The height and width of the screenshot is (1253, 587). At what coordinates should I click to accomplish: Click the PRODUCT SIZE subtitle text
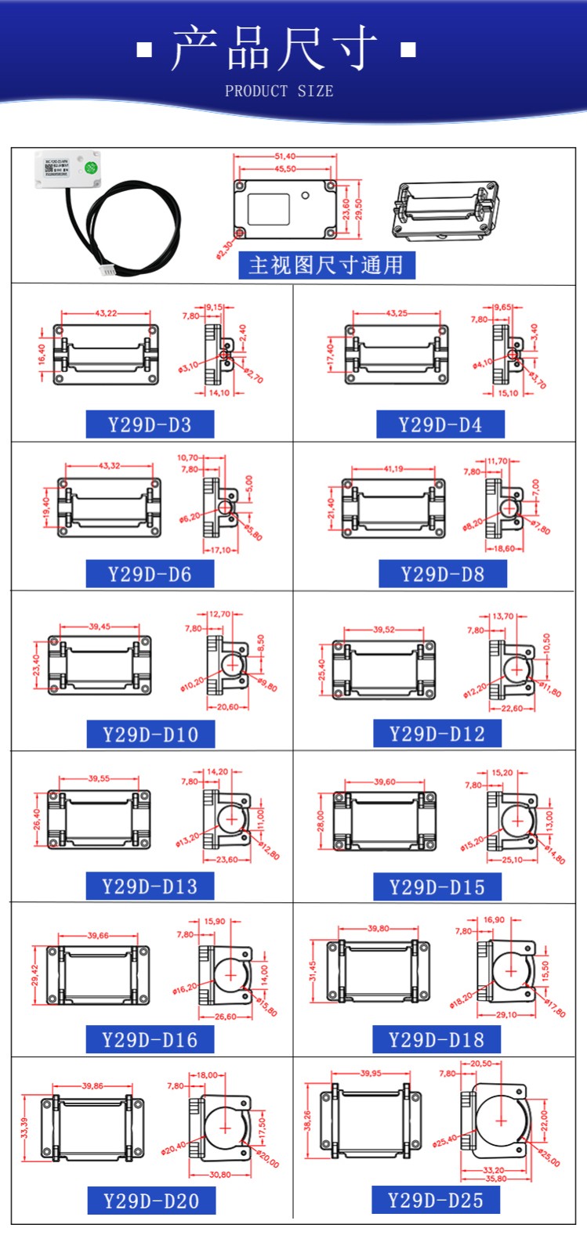279,91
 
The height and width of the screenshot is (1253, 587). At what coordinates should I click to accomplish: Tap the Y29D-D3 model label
150,424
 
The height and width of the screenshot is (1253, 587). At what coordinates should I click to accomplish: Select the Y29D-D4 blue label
440,424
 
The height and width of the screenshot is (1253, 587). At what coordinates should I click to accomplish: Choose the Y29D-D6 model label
150,574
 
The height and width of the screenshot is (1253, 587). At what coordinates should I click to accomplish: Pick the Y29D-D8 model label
442,574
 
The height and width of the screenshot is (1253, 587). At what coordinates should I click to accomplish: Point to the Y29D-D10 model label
150,735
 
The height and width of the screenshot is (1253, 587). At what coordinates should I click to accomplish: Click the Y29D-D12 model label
437,734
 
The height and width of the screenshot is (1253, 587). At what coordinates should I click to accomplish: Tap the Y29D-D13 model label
150,886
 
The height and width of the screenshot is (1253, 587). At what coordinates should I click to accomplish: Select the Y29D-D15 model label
437,887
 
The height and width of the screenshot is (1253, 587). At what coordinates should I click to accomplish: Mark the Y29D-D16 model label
150,1040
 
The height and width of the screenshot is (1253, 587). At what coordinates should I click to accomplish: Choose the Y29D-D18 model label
437,1040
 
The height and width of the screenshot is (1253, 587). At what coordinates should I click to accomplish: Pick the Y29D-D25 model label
436,1200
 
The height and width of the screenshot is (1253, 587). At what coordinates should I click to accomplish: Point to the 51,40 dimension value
285,157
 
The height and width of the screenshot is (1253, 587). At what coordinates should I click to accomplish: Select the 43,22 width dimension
106,313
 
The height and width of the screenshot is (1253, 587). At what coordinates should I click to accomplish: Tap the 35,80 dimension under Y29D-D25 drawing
496,1179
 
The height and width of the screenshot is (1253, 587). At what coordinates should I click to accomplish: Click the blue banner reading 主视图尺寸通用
326,265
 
